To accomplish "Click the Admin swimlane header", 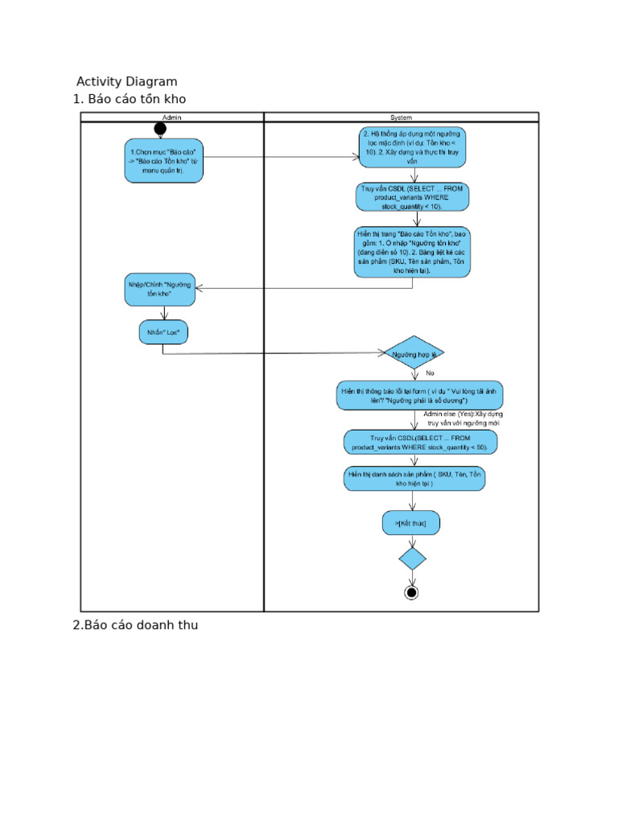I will (171, 117).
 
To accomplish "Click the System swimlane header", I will (401, 117).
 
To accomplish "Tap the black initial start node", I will (160, 130).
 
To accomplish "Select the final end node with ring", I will (412, 593).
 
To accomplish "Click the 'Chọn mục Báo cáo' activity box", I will (164, 160).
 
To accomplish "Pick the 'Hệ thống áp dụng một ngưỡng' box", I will (412, 146).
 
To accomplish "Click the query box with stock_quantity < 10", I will (412, 196).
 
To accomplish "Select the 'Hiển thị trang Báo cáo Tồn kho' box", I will (412, 252).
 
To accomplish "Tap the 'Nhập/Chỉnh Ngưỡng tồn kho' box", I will (159, 289).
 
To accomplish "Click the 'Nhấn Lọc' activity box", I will (163, 332).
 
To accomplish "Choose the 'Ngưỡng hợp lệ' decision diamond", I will (414, 352).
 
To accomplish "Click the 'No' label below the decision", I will (430, 373).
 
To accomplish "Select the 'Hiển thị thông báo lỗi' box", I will (419, 395).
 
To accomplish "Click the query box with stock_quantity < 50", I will (420, 442).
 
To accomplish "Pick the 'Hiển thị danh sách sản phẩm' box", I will (414, 479).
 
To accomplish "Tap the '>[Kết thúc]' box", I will (411, 523).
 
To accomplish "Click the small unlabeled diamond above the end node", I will (412, 558).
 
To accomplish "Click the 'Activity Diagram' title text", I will (126, 81).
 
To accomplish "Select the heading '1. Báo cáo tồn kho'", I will (130, 99).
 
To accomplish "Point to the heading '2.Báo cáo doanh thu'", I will (135, 625).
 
